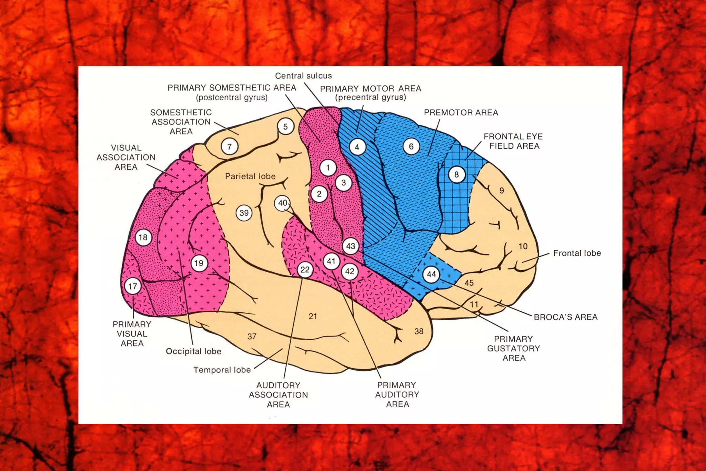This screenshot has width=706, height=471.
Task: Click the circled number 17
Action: (x=133, y=286)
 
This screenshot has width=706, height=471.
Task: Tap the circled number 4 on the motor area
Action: (x=357, y=147)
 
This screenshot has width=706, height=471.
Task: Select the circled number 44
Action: (x=431, y=274)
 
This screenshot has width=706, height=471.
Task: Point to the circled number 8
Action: (x=456, y=174)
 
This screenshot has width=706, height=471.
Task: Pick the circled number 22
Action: (x=305, y=269)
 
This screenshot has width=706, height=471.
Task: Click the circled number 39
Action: (x=244, y=213)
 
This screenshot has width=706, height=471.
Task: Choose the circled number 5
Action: (x=285, y=127)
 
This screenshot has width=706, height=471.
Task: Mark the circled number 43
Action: (x=351, y=246)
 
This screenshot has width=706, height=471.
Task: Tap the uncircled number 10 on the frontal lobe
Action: (x=523, y=246)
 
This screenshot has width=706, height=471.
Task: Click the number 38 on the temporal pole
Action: (x=419, y=331)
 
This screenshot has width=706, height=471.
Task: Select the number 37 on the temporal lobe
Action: (x=252, y=336)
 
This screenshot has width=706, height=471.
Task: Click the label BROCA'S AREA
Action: (x=565, y=317)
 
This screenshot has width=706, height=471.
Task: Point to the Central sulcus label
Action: (x=303, y=76)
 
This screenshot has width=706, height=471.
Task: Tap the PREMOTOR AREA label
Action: (x=461, y=112)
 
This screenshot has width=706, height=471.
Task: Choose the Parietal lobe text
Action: (x=250, y=176)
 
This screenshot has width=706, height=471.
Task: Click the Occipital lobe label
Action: (x=193, y=351)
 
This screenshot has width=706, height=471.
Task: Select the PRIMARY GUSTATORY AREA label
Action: (x=514, y=348)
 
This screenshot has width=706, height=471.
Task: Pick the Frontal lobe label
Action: (x=577, y=253)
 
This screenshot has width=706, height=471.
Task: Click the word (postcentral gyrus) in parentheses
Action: (x=232, y=97)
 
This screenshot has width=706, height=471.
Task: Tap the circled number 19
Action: (x=199, y=263)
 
